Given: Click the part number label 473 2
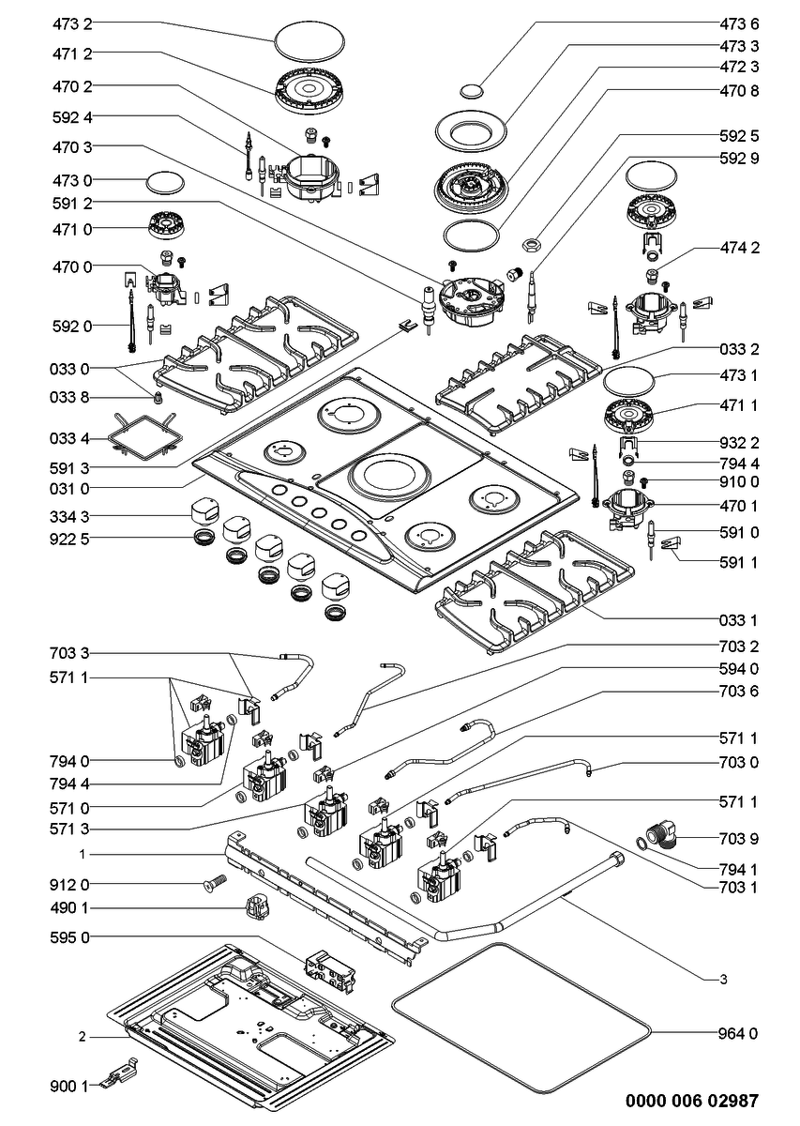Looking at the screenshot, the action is click(72, 23).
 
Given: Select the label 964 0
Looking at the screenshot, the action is click(738, 1033).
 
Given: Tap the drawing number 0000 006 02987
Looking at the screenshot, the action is click(692, 1101).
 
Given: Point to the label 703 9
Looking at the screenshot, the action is click(739, 838).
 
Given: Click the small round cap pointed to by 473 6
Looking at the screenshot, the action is click(472, 90).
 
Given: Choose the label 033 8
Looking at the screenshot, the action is click(69, 397).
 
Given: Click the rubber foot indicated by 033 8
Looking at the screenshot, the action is click(159, 397).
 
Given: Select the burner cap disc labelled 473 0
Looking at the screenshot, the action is click(165, 183).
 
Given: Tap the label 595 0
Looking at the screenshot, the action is click(69, 937).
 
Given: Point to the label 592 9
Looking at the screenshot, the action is click(739, 158).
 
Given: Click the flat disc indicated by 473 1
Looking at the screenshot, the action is click(629, 382).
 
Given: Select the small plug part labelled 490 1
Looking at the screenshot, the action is click(257, 907).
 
